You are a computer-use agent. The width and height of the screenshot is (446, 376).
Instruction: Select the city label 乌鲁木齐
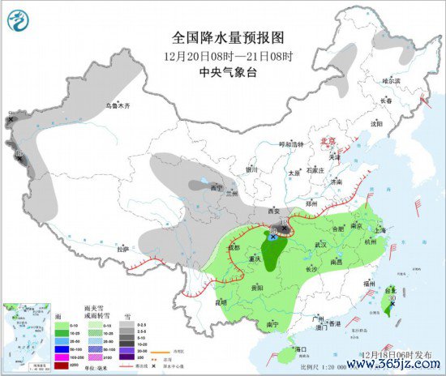click(x=118, y=106)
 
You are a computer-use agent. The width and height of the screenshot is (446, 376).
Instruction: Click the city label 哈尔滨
click(x=392, y=80)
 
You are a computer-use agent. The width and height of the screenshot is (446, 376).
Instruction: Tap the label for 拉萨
click(x=122, y=249)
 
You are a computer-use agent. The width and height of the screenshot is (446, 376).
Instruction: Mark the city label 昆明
click(x=221, y=302)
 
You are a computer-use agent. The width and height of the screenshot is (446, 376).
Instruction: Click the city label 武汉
click(x=320, y=245)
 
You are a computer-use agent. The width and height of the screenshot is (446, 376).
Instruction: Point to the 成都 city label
click(x=234, y=247)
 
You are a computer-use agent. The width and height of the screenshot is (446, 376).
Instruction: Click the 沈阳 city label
click(x=375, y=123)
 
